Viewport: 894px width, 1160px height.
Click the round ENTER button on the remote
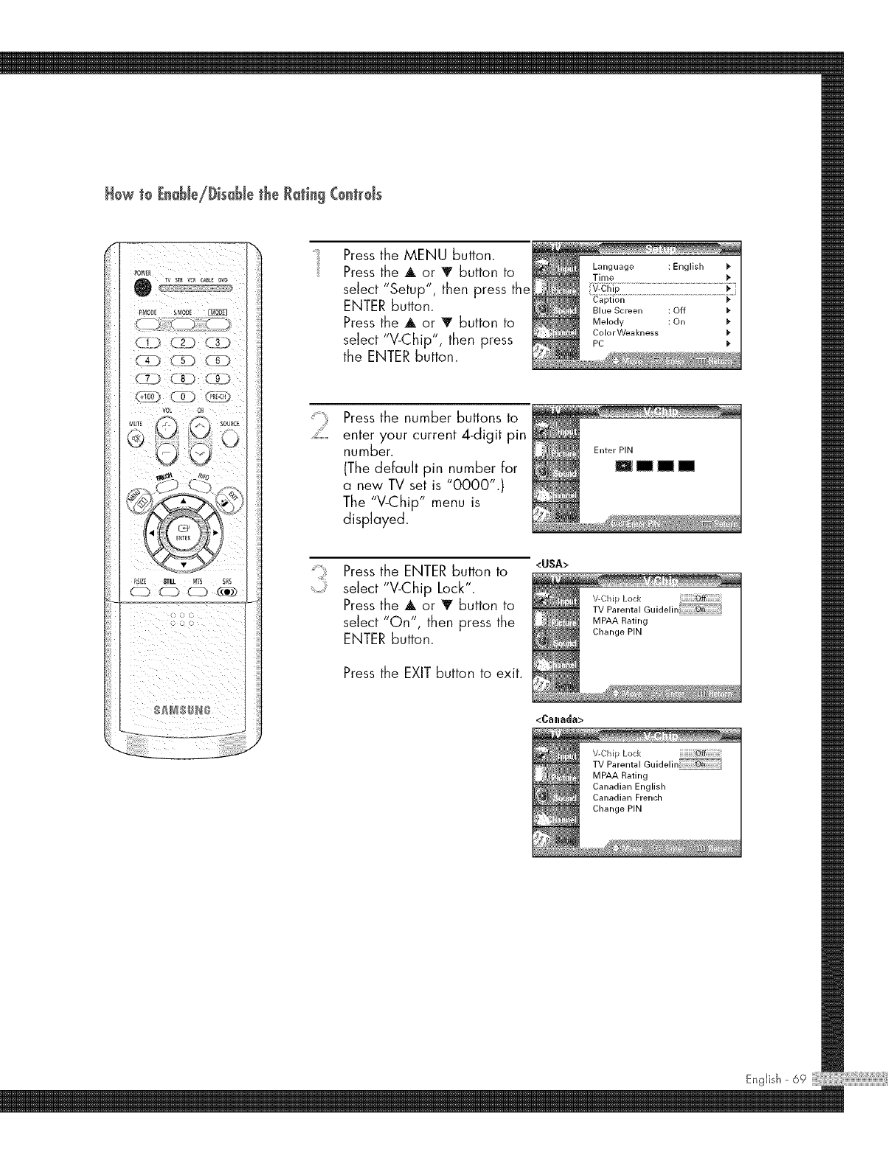click(x=181, y=532)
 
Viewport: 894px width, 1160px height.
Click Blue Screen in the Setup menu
click(x=617, y=311)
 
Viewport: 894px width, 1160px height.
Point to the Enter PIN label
click(x=613, y=450)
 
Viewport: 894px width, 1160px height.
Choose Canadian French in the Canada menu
click(x=627, y=797)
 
